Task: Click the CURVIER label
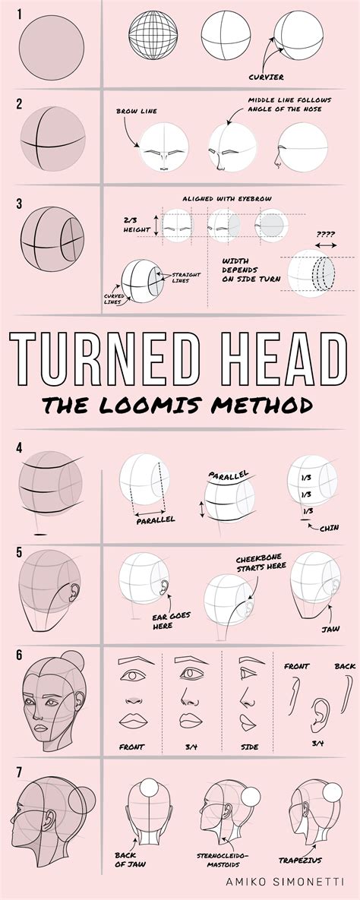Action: pyautogui.click(x=267, y=77)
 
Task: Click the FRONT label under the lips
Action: pyautogui.click(x=132, y=747)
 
